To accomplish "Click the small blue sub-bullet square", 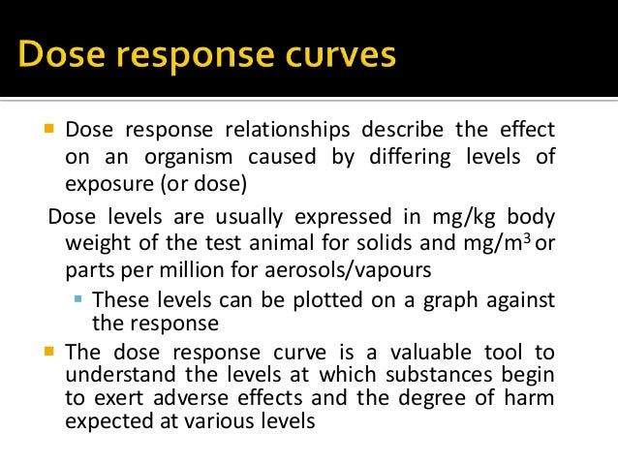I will [x=78, y=298].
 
